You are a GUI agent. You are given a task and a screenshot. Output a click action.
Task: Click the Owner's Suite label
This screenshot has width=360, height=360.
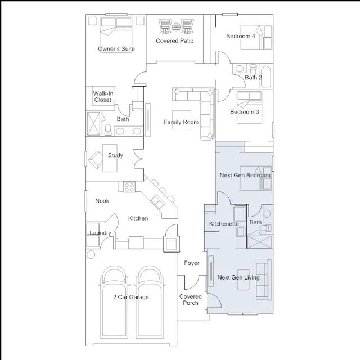pos(116,49)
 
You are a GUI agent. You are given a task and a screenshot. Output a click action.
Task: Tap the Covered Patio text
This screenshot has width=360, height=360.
pos(175,41)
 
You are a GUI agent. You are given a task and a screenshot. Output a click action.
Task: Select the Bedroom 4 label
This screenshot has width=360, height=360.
pos(240,36)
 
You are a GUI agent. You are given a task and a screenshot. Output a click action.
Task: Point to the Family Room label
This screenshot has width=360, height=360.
pos(181,122)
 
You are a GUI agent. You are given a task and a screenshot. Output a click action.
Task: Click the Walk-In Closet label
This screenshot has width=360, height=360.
pos(103,97)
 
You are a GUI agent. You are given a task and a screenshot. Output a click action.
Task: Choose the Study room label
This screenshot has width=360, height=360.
pos(115,155)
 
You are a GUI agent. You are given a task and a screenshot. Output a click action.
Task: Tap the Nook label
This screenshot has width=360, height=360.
pos(102,201)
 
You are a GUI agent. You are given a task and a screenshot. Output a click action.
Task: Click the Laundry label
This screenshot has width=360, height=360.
pos(100,233)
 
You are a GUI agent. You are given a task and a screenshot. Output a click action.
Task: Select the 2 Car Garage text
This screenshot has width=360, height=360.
pos(131,297)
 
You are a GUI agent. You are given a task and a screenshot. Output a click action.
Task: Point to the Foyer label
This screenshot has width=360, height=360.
pos(192,263)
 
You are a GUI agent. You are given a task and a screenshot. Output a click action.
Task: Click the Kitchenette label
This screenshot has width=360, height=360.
pos(224,224)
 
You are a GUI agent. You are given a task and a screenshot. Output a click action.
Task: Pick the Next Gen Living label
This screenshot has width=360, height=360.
pos(238,277)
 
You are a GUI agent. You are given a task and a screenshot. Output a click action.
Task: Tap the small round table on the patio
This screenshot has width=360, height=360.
pos(176,28)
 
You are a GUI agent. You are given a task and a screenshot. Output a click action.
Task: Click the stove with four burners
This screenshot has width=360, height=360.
pos(129,187)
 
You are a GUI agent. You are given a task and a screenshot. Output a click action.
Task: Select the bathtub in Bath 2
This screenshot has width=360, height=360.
pos(266,76)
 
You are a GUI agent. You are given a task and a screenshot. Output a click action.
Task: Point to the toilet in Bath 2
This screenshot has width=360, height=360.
pos(253,69)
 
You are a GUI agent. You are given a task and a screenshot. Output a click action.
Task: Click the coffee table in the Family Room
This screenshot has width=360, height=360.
pos(182,120)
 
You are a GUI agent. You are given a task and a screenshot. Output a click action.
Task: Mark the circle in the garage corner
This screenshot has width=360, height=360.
pos(91,255)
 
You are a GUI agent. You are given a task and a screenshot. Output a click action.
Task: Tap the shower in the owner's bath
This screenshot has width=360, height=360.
pos(93,124)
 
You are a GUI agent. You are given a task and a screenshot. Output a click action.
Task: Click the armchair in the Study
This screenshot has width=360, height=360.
pos(96,160)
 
